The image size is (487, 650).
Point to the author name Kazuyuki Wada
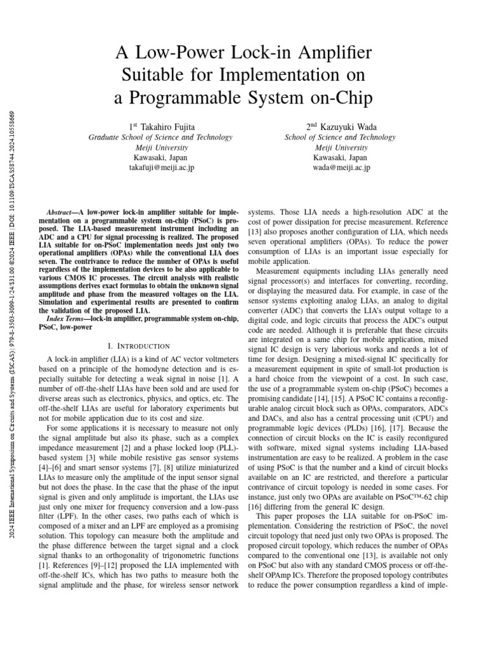(345, 127)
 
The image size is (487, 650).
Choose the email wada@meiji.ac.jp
(340, 168)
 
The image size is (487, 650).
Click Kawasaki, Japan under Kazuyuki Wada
(340, 157)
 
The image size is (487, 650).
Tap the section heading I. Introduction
(139, 346)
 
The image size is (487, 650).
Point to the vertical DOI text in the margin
(13, 159)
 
